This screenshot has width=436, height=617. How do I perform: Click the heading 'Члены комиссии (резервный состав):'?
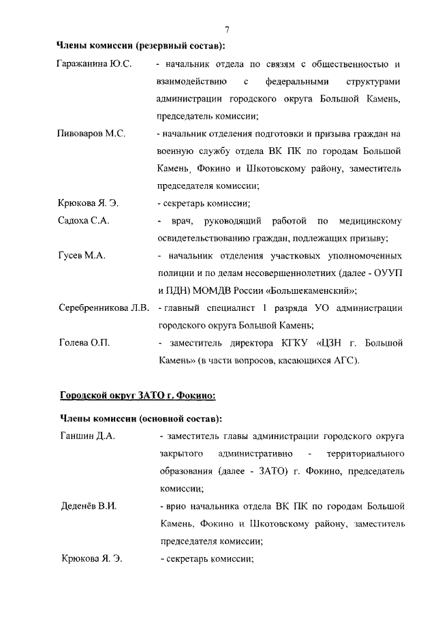tap(140, 46)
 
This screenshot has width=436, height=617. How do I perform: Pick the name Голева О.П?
tap(82, 342)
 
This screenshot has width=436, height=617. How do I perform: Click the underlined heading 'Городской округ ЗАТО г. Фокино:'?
tap(138, 394)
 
